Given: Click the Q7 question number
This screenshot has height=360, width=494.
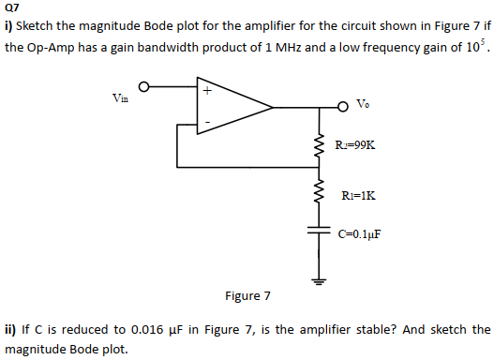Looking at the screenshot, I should tap(12, 7).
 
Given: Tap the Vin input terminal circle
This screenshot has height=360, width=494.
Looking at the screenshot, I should tap(144, 88).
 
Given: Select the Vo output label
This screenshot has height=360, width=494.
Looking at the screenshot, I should tap(364, 104).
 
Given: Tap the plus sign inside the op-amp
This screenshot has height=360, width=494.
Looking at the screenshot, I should tap(207, 92).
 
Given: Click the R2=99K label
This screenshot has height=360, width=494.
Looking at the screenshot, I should tap(356, 145).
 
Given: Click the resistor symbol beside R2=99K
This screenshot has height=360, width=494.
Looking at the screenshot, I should tap(320, 145).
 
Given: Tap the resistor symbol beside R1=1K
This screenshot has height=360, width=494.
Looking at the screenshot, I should tap(320, 194).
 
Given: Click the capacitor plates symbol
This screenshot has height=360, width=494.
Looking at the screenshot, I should tap(320, 231).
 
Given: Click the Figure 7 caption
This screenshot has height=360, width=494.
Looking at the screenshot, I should tap(247, 296).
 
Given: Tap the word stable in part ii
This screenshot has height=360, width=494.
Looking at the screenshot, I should tap(352, 330).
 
